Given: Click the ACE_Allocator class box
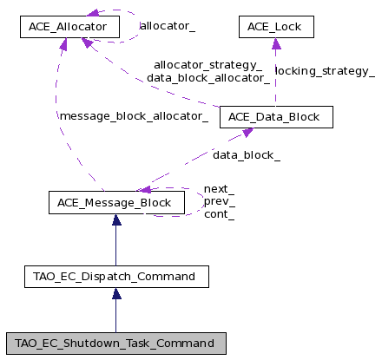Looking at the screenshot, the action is click(69, 27).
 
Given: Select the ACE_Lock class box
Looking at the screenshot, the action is click(276, 27).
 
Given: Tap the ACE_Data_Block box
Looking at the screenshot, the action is click(276, 117).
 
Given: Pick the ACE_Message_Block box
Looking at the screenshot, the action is click(116, 203).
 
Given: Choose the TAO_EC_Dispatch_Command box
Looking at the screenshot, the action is click(116, 277).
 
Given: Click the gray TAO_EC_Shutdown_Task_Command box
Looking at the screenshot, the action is click(116, 344).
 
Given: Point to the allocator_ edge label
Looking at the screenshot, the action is click(168, 26).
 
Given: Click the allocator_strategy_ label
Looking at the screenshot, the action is click(208, 65).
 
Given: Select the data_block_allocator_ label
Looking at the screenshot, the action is click(208, 78).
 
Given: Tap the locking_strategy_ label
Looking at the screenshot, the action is click(325, 71).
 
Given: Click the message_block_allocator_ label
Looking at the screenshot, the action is click(134, 116).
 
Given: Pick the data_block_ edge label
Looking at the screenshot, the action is click(247, 155).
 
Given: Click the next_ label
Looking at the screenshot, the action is click(219, 189).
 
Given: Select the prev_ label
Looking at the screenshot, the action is click(220, 201).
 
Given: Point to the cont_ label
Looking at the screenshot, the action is click(219, 214).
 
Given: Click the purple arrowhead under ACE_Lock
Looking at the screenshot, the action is click(276, 43).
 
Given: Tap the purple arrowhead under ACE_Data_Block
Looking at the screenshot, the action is click(247, 133).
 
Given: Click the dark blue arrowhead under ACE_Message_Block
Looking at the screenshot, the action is click(116, 219).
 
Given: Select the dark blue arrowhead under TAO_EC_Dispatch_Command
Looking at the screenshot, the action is click(116, 293).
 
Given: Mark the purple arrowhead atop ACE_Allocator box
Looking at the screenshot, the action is click(93, 13).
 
